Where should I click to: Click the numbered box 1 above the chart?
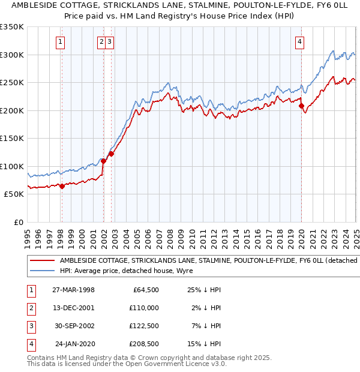click(x=61, y=41)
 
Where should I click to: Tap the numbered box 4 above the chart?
click(x=299, y=41)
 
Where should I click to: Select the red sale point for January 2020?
click(x=302, y=106)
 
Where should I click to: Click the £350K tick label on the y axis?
click(x=13, y=27)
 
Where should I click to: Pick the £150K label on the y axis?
click(x=13, y=138)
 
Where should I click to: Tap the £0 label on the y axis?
click(x=18, y=222)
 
